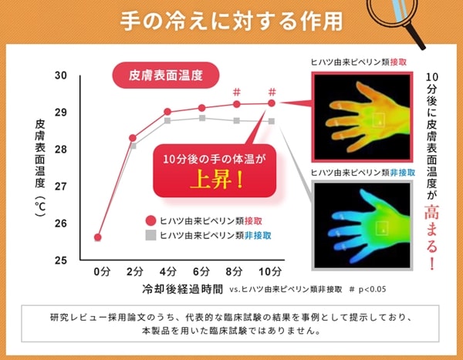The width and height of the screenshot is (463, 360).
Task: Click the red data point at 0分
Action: [x=98, y=237]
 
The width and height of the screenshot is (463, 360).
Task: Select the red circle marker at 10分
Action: [x=272, y=103]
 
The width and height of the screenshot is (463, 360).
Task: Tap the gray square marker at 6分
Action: [x=202, y=118]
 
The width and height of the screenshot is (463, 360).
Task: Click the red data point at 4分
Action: [x=167, y=112]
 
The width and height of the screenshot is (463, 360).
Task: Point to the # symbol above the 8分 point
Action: [x=237, y=92]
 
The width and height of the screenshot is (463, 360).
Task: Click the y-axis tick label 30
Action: [x=60, y=76]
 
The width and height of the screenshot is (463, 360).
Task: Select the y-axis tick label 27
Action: [x=60, y=187]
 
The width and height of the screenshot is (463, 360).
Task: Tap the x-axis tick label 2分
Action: [x=135, y=271]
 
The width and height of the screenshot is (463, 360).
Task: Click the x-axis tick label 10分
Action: [x=270, y=271]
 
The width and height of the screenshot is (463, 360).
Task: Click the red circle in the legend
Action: [x=151, y=220]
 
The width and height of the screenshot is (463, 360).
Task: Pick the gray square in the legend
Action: [x=151, y=235]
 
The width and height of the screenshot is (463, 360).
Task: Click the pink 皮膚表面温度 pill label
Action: [x=166, y=76]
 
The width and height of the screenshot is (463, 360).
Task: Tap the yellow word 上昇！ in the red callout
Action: [x=216, y=180]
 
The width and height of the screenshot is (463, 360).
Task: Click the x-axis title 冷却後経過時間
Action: [x=182, y=289]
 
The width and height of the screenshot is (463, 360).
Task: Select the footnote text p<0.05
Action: [x=373, y=289]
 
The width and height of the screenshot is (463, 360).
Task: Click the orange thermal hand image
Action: [x=363, y=116]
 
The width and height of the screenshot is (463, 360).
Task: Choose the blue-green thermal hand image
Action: [x=363, y=225]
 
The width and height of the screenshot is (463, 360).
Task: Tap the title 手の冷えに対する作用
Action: [x=231, y=22]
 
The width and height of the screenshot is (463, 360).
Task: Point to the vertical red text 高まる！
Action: [x=431, y=237]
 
